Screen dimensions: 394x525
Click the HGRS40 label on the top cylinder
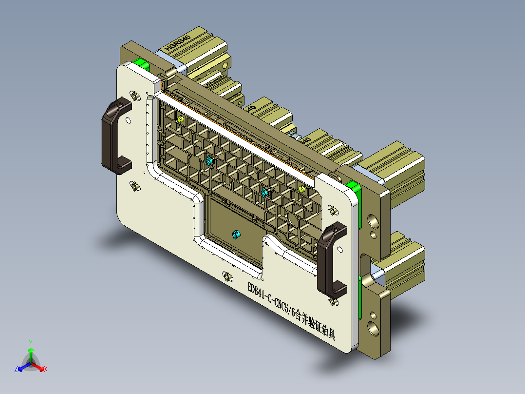pyautogui.click(x=178, y=42)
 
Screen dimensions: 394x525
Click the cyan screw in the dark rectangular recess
pyautogui.click(x=236, y=235)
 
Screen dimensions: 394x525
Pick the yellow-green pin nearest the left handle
pyautogui.click(x=180, y=118)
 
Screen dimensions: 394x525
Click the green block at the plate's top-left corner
pyautogui.click(x=141, y=64)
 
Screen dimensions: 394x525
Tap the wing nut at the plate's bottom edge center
pyautogui.click(x=226, y=276)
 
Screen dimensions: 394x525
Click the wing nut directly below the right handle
pyautogui.click(x=333, y=301)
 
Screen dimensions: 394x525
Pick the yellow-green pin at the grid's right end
pyautogui.click(x=301, y=189)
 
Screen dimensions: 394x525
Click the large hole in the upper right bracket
pyautogui.click(x=374, y=221)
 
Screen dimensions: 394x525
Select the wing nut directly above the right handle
pyautogui.click(x=333, y=210)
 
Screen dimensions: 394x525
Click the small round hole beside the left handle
pyautogui.click(x=128, y=119)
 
